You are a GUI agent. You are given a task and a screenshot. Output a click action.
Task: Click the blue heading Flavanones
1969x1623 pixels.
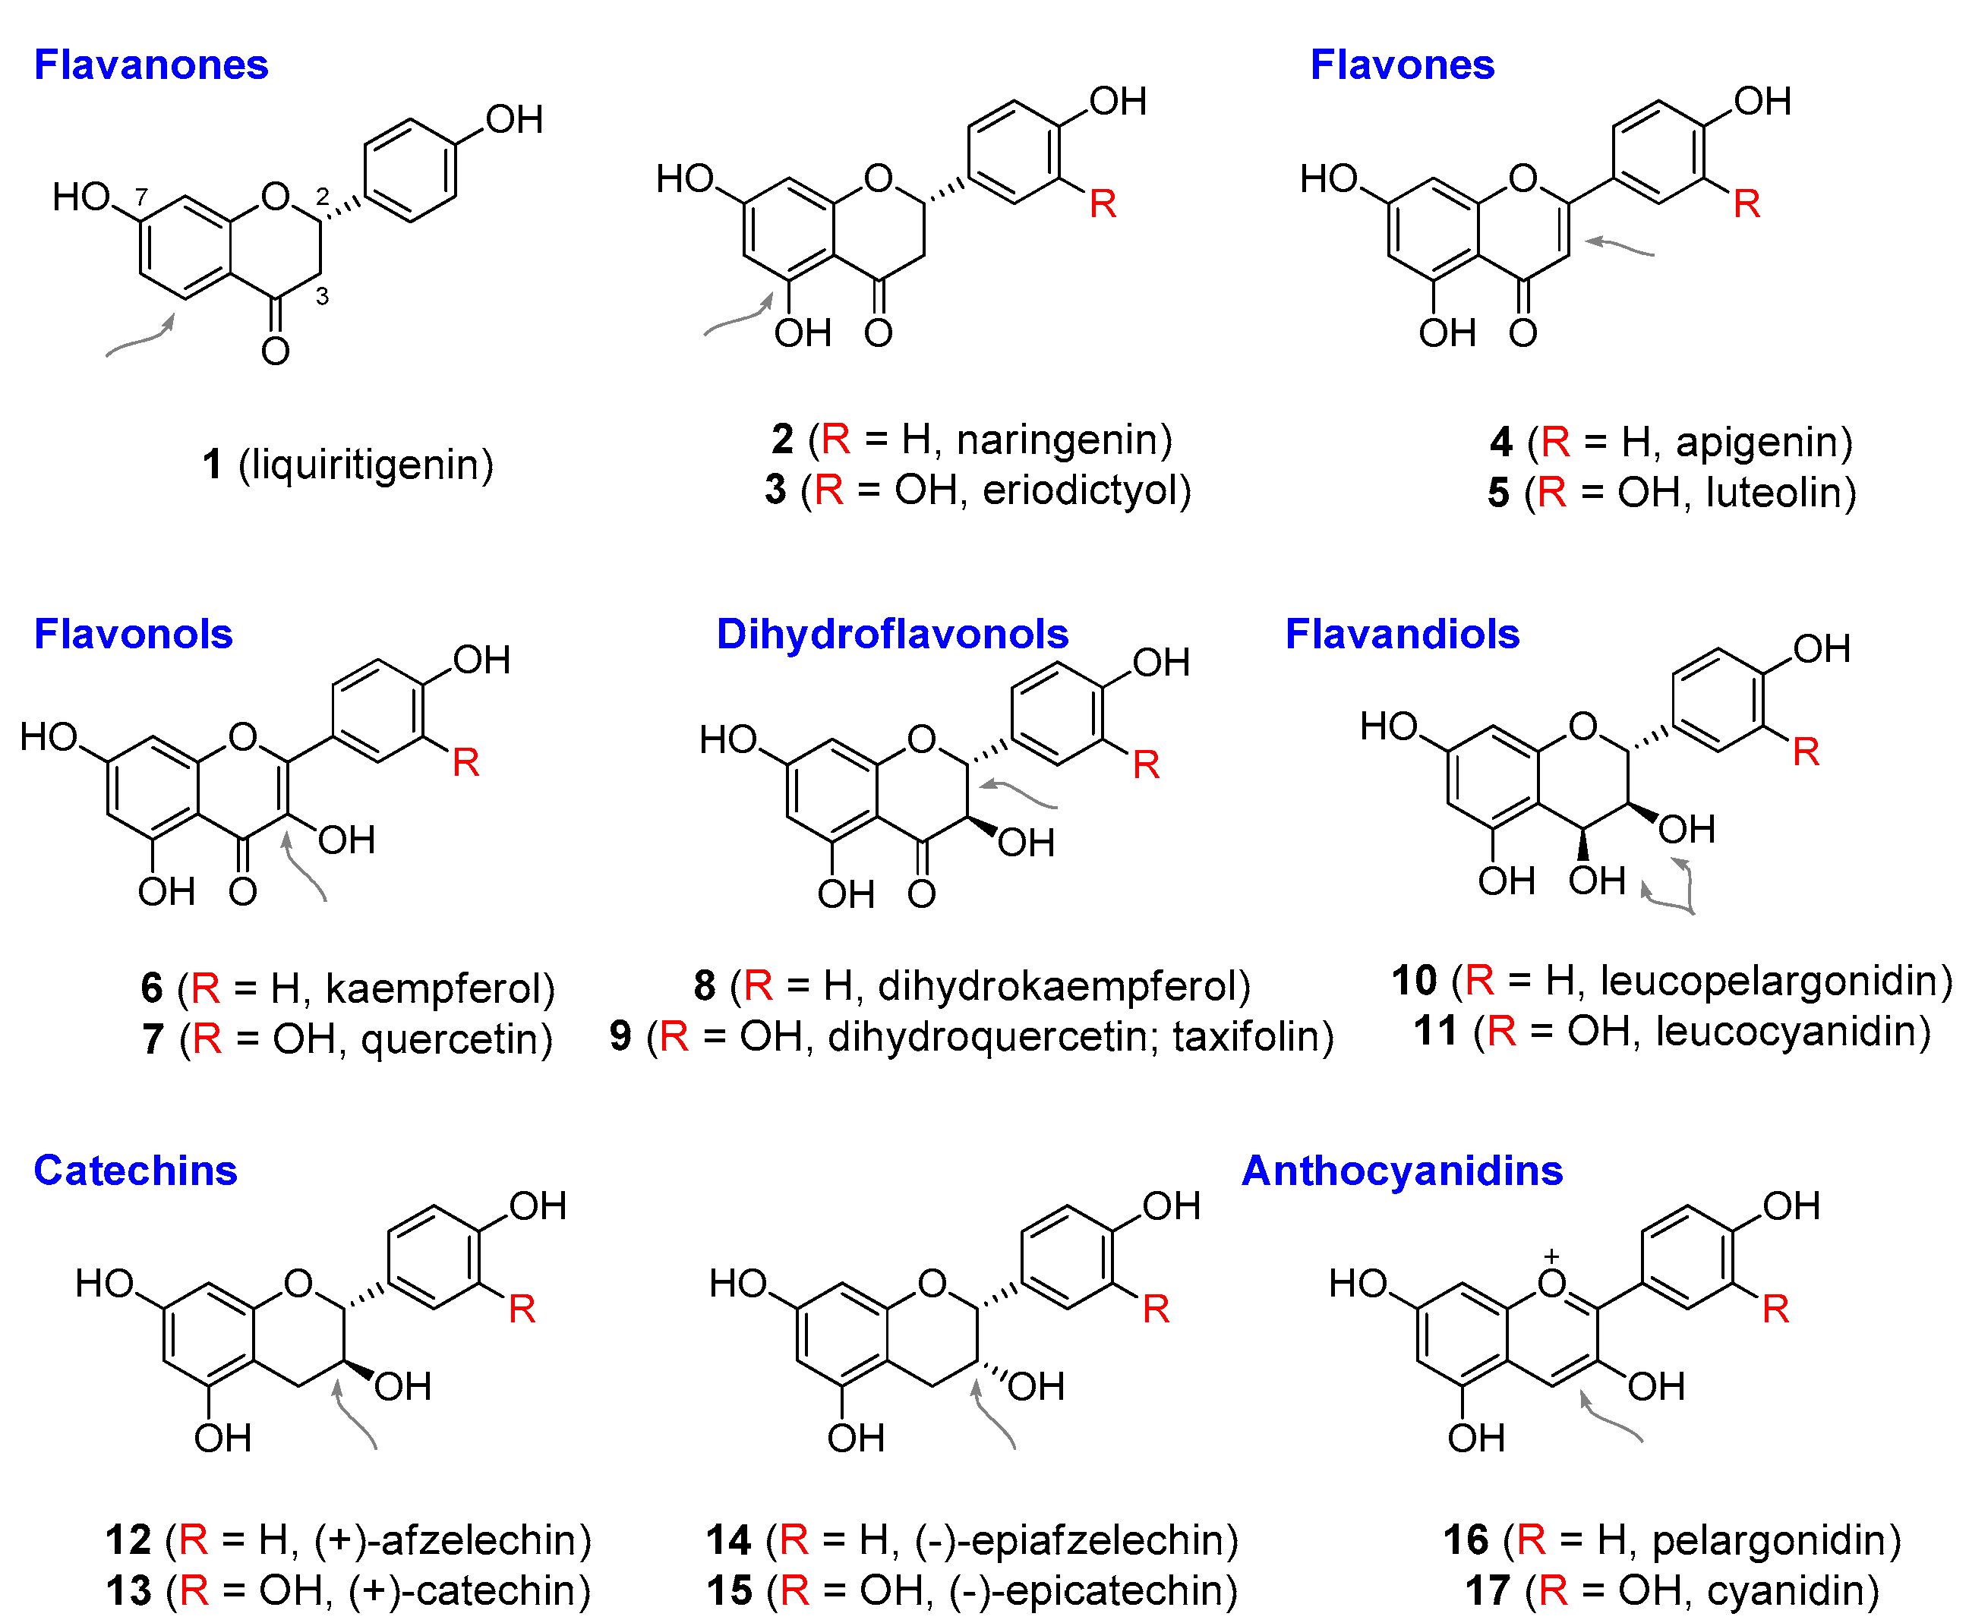(x=150, y=65)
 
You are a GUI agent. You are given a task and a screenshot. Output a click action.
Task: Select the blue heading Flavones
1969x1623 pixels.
(x=1402, y=65)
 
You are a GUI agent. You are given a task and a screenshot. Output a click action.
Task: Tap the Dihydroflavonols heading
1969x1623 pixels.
(x=892, y=634)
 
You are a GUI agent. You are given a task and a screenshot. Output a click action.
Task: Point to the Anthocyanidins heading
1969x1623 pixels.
(x=1402, y=1171)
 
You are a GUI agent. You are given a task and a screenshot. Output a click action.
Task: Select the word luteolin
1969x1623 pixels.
(x=1774, y=493)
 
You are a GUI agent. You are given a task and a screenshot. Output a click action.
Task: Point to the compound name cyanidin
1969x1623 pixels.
(x=1784, y=1590)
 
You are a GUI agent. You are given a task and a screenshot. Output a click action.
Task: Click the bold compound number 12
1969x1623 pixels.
(x=128, y=1539)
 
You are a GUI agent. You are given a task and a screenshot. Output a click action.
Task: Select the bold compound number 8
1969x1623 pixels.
(x=705, y=985)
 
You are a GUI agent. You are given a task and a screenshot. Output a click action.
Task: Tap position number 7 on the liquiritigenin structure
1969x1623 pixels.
(x=141, y=197)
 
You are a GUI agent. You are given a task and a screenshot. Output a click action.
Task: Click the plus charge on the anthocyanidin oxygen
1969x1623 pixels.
(x=1552, y=1256)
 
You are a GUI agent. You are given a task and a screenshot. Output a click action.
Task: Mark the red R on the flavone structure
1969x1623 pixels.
(x=1747, y=203)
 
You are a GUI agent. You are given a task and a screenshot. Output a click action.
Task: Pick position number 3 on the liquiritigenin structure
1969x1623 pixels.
(x=323, y=296)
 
